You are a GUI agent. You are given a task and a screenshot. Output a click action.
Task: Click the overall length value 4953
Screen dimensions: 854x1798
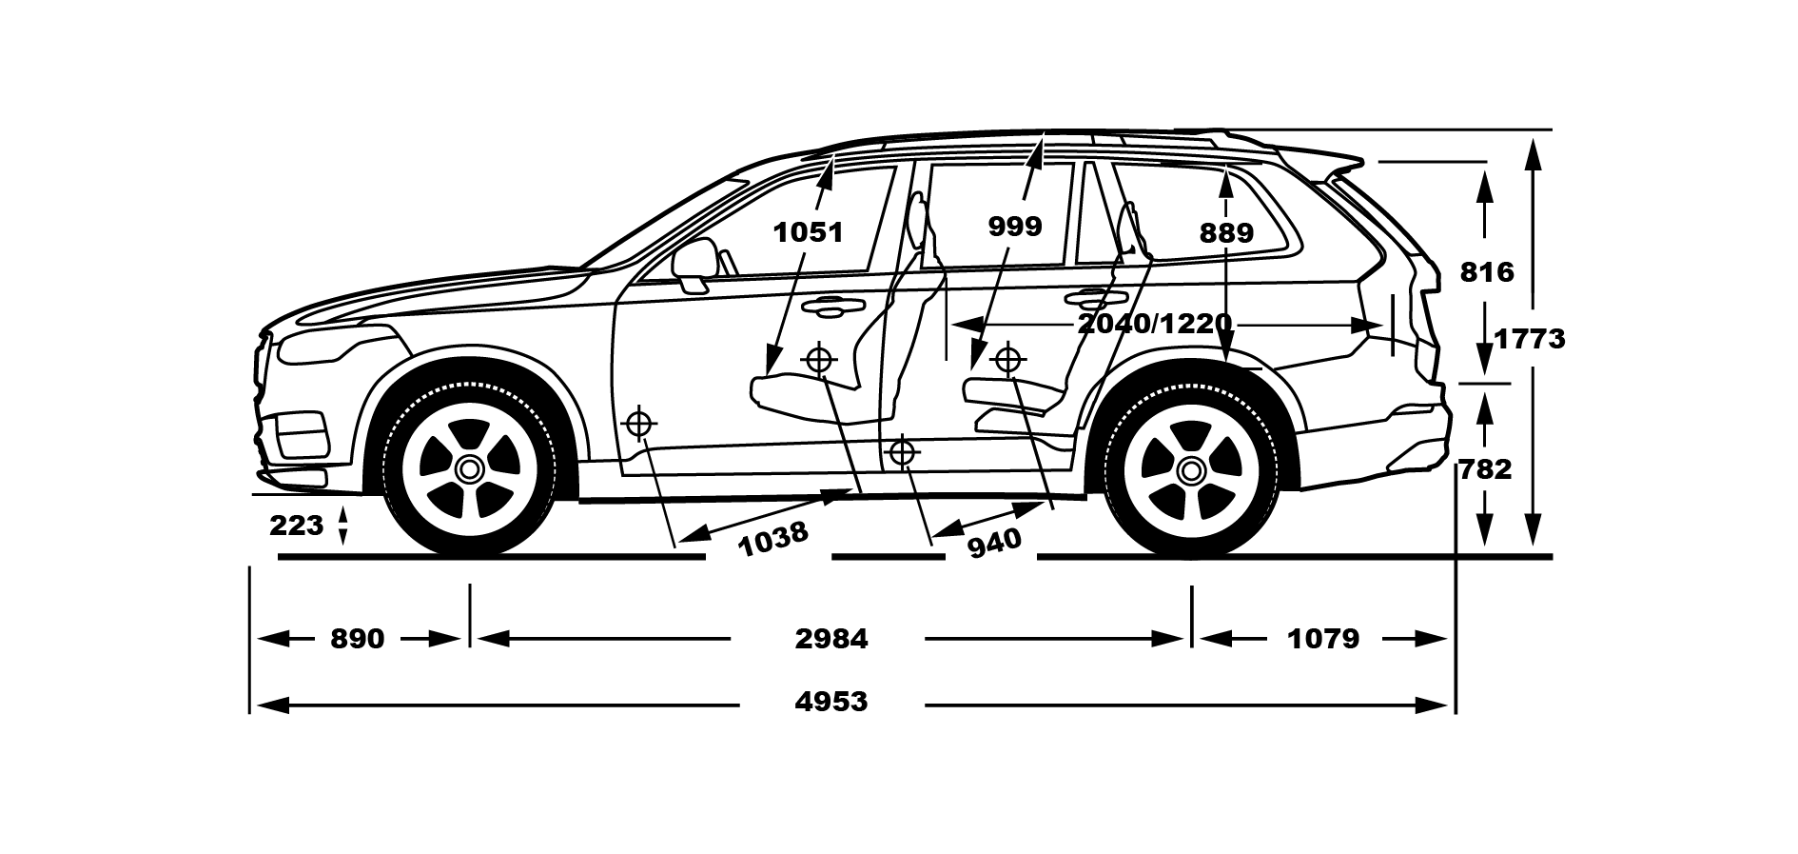(x=831, y=703)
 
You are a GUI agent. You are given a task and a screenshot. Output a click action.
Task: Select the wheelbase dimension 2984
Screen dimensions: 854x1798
(x=831, y=639)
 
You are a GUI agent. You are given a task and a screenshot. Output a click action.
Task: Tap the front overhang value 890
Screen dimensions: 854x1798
(x=358, y=639)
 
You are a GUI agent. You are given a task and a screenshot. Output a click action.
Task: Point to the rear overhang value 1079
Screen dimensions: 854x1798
(x=1323, y=639)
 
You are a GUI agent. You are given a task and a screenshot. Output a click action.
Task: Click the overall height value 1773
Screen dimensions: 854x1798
(x=1529, y=339)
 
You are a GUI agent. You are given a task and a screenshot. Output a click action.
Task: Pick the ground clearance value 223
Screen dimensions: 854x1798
(x=297, y=526)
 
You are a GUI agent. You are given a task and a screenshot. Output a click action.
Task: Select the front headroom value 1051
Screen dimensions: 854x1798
(x=808, y=232)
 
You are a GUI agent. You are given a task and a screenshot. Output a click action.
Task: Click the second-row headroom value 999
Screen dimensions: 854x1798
(x=1015, y=227)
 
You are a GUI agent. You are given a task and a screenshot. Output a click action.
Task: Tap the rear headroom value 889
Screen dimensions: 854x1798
(x=1226, y=232)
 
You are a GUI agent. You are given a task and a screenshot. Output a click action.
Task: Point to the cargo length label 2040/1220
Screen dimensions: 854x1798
(x=1155, y=324)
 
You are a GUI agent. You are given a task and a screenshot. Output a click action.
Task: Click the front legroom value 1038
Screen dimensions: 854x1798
(x=773, y=539)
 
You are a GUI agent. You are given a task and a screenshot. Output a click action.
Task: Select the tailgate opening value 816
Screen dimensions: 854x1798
(x=1486, y=273)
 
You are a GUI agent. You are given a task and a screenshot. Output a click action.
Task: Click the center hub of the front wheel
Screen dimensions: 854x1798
(x=469, y=469)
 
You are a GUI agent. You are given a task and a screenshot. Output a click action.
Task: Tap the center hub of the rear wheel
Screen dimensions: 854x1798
(x=1190, y=469)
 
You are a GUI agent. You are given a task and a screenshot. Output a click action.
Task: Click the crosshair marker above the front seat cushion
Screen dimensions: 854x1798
(x=819, y=360)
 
